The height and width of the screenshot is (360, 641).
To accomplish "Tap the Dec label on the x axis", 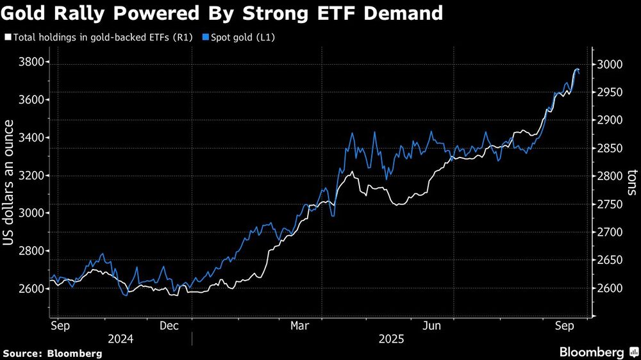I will (169, 326).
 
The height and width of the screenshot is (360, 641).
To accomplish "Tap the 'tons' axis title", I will (631, 183).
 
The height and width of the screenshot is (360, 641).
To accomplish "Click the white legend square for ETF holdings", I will (7, 38).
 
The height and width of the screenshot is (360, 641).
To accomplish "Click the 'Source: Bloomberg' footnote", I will (53, 353).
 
